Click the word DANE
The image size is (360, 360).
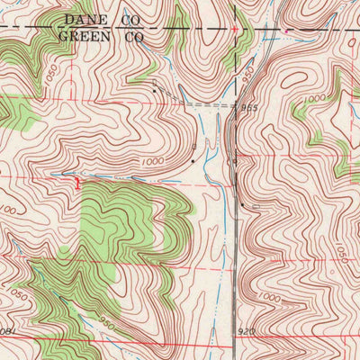coord(85,19)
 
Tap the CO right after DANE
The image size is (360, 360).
coord(131,19)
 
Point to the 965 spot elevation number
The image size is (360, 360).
coord(249,107)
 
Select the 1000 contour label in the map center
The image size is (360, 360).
coord(152,163)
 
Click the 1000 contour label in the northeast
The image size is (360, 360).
coord(314,98)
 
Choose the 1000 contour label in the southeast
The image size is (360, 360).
coord(267,296)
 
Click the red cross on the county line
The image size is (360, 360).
coord(235,28)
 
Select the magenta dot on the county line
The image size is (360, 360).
coord(286,31)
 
